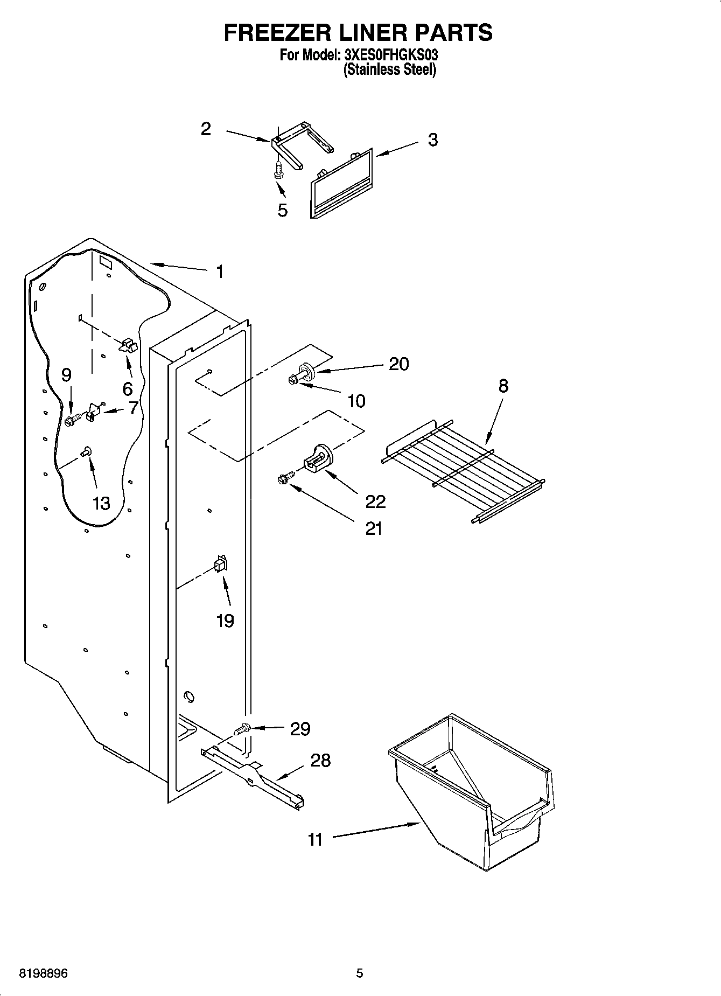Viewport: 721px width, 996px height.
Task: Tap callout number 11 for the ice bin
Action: (315, 839)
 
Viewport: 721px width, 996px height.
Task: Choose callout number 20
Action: (398, 364)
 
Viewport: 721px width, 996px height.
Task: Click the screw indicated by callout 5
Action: (278, 170)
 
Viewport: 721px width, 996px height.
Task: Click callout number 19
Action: (225, 621)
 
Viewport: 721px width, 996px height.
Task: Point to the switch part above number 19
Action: (221, 565)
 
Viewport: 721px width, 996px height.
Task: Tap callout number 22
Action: (375, 502)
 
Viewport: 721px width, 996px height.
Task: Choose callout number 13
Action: (101, 503)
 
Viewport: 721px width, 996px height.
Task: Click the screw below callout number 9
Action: (72, 420)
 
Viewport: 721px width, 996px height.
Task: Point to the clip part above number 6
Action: (128, 345)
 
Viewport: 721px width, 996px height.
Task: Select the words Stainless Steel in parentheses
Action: (389, 69)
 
